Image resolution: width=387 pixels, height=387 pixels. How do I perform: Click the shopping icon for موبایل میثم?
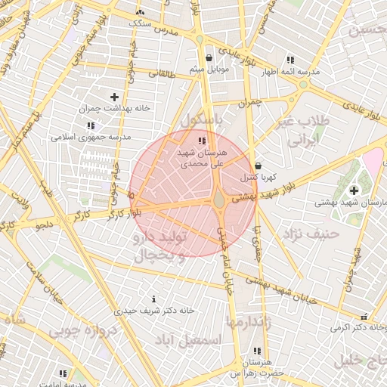(x=209, y=57)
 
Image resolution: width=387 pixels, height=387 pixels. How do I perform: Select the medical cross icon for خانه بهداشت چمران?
(x=114, y=97)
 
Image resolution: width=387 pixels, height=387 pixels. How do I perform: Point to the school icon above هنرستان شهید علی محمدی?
(x=200, y=141)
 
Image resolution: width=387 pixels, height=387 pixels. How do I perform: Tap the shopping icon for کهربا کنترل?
(x=259, y=166)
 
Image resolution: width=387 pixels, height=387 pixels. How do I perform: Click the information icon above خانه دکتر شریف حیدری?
(x=154, y=299)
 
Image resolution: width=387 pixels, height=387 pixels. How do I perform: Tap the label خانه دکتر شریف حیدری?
(x=154, y=310)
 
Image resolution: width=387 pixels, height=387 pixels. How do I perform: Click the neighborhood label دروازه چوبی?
(x=82, y=331)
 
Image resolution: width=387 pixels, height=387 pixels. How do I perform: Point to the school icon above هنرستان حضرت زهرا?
(x=258, y=351)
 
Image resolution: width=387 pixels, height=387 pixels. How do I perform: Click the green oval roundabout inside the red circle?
(x=219, y=200)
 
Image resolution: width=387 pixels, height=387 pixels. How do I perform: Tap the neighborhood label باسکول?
(x=203, y=119)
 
